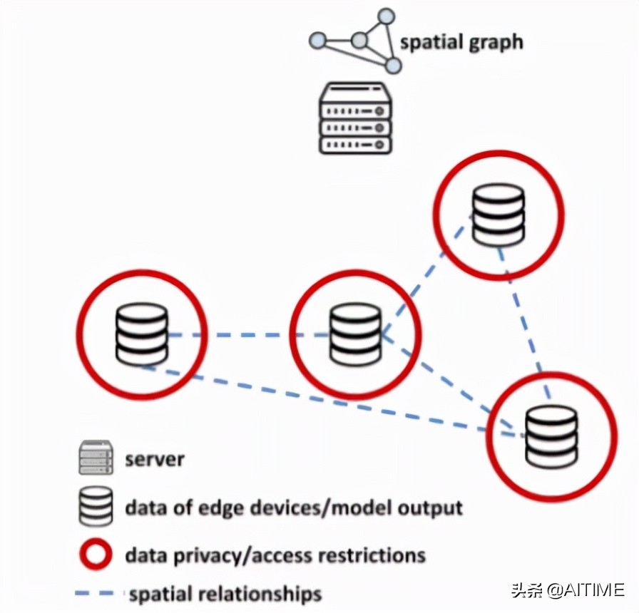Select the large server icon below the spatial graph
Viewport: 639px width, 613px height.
click(355, 118)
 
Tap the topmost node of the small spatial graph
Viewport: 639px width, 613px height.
click(386, 15)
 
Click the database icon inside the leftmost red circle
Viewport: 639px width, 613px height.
click(142, 334)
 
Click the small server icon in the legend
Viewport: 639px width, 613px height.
click(96, 458)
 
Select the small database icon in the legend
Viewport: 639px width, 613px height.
click(96, 507)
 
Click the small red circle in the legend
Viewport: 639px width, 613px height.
click(96, 555)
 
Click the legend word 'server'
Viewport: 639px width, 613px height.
click(155, 459)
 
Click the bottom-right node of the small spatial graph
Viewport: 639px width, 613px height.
click(393, 66)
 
